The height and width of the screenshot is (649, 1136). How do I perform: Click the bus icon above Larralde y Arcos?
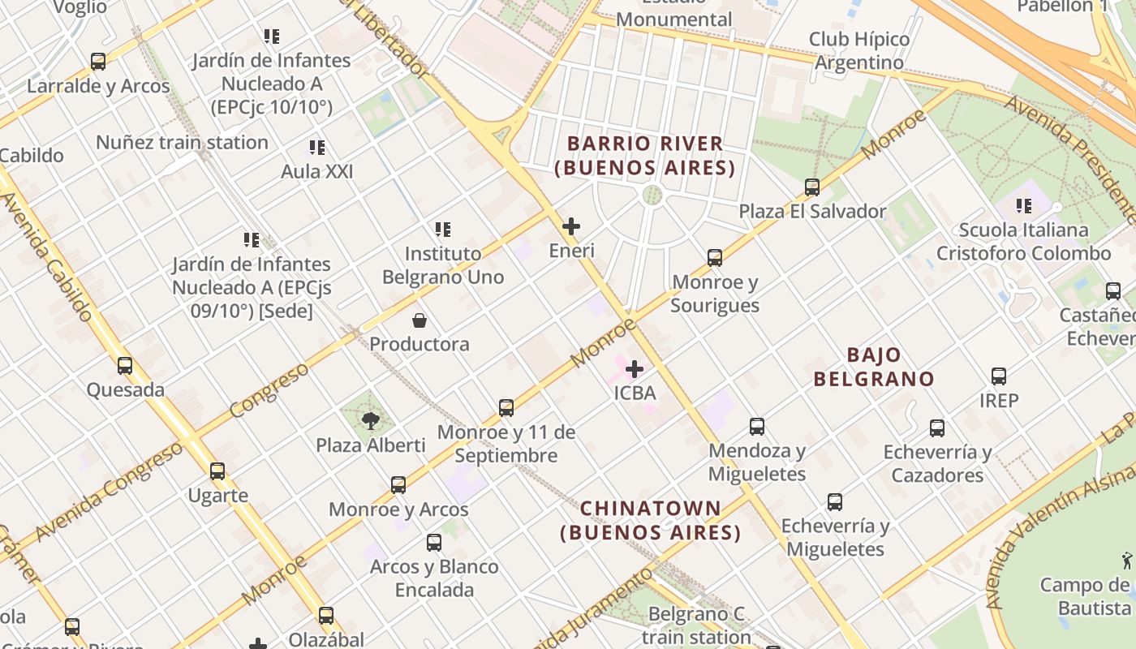[98, 62]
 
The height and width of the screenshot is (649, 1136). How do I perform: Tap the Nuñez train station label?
[182, 143]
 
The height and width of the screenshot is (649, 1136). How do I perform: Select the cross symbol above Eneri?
[571, 226]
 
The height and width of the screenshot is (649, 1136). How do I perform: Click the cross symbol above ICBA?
[635, 369]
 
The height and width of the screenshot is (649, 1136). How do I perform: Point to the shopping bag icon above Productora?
[420, 320]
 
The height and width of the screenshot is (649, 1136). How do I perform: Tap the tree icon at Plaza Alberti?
[371, 420]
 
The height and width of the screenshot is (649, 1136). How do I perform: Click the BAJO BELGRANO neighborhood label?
[874, 367]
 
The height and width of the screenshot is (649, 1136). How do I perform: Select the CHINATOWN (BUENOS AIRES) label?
[651, 520]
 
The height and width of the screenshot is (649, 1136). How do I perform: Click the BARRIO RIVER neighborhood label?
[645, 156]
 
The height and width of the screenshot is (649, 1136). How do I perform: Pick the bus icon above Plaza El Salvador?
[812, 187]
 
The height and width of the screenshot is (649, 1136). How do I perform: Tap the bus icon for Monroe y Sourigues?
[715, 258]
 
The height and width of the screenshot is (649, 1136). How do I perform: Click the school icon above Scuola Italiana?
[1024, 206]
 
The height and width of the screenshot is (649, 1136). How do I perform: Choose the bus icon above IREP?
[999, 376]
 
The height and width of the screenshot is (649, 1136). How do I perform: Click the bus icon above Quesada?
[125, 366]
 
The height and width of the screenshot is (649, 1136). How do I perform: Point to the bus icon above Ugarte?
[217, 471]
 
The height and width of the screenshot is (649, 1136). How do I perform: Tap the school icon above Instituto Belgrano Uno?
[442, 230]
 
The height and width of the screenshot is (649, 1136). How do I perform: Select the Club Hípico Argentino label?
[859, 50]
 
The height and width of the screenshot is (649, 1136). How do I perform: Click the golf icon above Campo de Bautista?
[1126, 560]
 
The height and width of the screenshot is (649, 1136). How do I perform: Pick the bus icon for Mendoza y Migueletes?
[757, 427]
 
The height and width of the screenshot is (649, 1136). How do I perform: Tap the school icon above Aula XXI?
[317, 148]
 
